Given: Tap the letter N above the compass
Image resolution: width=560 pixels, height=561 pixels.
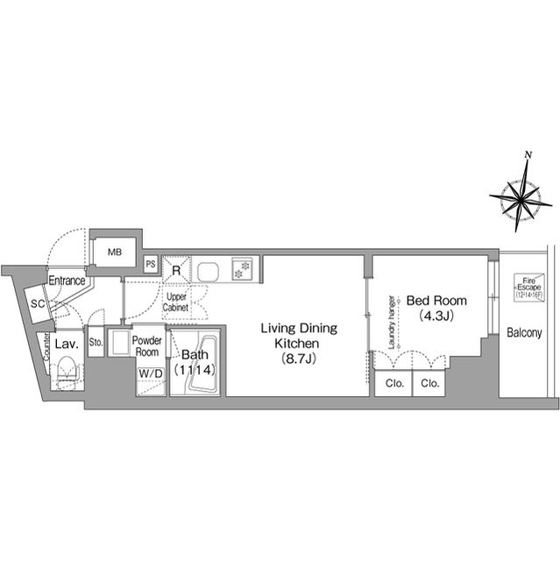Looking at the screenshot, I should (x=528, y=155).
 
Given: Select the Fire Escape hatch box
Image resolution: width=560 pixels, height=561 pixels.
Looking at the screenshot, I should (x=529, y=288).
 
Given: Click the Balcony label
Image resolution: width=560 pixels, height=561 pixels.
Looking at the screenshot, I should (x=525, y=333).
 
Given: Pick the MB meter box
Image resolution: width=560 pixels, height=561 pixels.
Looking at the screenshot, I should (x=115, y=252).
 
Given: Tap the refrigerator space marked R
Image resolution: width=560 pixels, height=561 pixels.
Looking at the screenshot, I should (x=176, y=270).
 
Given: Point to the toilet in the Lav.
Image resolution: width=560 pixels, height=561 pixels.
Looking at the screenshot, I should (x=66, y=376).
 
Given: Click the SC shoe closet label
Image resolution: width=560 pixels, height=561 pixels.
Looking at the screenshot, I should (x=38, y=303).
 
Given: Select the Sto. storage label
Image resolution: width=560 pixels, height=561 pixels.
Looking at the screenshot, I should (x=96, y=343).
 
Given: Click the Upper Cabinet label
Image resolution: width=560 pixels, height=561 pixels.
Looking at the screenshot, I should (x=177, y=303).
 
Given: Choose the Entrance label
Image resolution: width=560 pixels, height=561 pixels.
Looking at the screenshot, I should (x=67, y=281).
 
